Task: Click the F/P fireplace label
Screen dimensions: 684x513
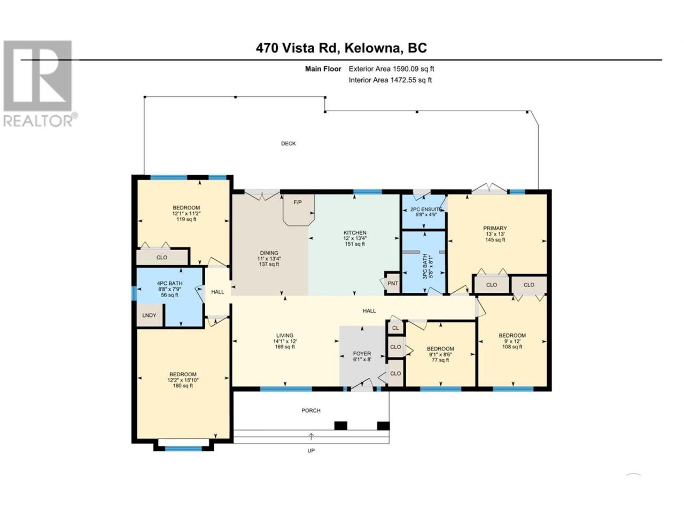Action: point(297,203)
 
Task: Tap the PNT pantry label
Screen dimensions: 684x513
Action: point(392,283)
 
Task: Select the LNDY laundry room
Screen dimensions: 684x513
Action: point(149,315)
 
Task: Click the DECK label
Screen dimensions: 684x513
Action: point(288,144)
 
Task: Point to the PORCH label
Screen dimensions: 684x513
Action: point(310,410)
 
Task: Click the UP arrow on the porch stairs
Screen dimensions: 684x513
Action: point(310,437)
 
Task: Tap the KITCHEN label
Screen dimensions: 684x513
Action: point(355,232)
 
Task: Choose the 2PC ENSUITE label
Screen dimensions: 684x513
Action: point(426,209)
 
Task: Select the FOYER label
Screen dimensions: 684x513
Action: point(362,354)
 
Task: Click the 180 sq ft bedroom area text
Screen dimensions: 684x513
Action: point(183,386)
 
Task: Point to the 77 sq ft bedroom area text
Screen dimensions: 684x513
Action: point(440,360)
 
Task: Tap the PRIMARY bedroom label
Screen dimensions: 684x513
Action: point(495,228)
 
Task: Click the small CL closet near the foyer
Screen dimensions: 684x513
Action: point(395,328)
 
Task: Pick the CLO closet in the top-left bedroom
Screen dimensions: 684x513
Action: point(162,257)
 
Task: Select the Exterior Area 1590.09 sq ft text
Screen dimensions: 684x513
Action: point(391,69)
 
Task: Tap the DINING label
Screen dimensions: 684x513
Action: point(269,253)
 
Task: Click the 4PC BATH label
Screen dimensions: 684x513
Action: point(169,283)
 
